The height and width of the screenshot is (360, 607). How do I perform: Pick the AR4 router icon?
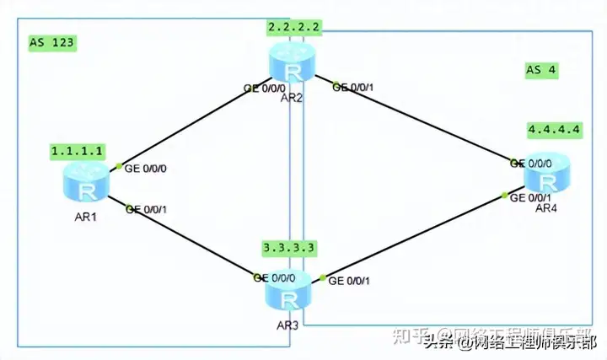coord(548,178)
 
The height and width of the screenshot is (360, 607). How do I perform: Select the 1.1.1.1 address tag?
coord(78,151)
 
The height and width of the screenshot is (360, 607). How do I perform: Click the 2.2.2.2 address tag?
coord(293,28)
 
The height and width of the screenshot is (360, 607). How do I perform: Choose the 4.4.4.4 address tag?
coord(554,130)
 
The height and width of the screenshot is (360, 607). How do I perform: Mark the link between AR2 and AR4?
coord(422,122)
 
